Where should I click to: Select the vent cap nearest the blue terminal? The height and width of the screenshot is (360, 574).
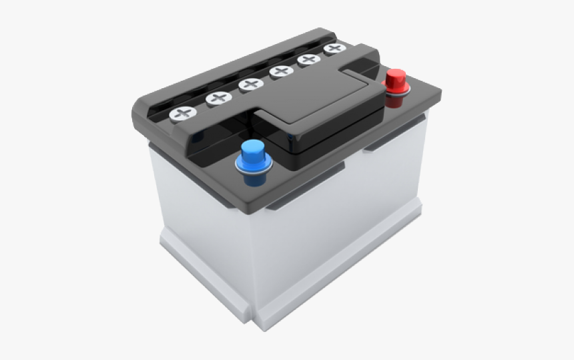[182, 113]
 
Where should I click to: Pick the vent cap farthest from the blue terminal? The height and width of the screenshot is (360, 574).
[335, 49]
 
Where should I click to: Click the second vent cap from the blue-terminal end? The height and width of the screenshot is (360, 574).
[218, 99]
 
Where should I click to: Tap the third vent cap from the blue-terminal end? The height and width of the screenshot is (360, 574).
[251, 85]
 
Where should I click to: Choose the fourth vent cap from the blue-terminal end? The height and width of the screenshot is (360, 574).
[281, 71]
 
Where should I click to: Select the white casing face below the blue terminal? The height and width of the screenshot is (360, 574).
[200, 220]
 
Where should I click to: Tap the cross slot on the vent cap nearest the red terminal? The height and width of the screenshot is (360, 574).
[335, 49]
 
